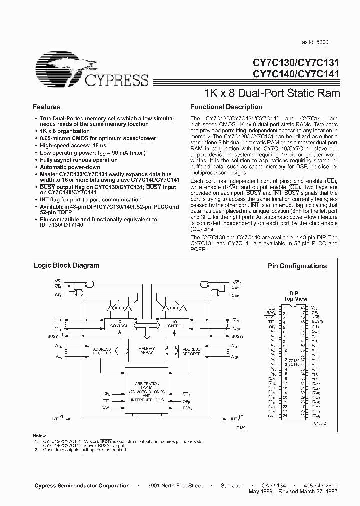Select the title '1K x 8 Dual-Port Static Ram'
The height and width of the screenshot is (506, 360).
272,93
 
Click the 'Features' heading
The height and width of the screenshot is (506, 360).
46,107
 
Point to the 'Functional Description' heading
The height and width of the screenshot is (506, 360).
226,107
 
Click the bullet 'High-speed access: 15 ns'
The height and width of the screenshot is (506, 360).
73,145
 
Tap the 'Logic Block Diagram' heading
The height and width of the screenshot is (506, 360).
66,265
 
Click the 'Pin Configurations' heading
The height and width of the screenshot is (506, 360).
297,266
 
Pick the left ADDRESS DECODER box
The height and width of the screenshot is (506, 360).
101,352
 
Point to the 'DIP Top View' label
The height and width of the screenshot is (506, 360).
295,296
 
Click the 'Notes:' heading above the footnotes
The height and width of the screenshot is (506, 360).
39,437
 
